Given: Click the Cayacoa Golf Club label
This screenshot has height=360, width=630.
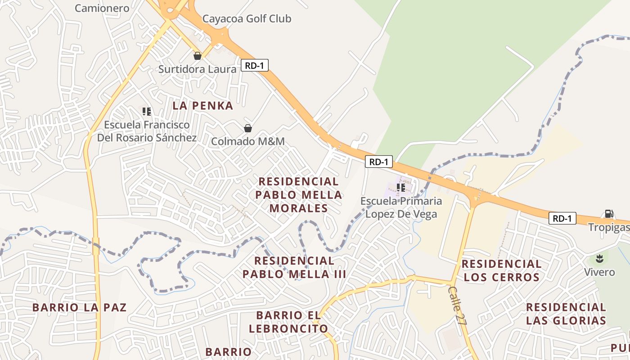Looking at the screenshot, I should (247, 19).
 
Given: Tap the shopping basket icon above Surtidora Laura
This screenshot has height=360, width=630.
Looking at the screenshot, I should (197, 56).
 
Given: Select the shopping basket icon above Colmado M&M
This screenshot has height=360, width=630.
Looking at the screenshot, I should (247, 128).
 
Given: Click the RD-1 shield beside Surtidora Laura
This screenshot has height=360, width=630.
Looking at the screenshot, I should (255, 66).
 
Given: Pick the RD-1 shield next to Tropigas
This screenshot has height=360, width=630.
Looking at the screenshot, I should (562, 219).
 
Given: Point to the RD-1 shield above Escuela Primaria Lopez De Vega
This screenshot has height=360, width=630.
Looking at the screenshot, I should (379, 162).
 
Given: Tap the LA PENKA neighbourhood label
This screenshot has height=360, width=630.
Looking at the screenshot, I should (203, 106).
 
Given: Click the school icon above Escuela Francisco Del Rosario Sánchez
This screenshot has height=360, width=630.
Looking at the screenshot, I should (146, 111).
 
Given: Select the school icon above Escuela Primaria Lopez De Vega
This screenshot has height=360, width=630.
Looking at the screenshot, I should (401, 187).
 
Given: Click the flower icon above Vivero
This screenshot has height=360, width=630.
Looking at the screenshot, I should (599, 259).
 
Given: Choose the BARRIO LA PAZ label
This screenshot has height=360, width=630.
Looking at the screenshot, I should (79, 308).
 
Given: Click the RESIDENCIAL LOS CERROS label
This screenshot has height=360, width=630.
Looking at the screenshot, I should (501, 270).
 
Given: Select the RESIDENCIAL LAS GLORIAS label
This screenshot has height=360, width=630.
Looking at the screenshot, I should (566, 314).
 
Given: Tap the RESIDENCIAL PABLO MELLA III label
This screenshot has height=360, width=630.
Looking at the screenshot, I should (294, 267).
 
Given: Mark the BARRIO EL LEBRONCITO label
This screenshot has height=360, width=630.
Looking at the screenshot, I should (288, 322).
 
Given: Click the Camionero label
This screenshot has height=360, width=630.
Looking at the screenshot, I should (102, 8).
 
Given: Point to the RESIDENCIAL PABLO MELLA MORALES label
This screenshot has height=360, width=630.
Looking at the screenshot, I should (299, 195).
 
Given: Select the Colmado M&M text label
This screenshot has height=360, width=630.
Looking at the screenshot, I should (248, 141).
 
